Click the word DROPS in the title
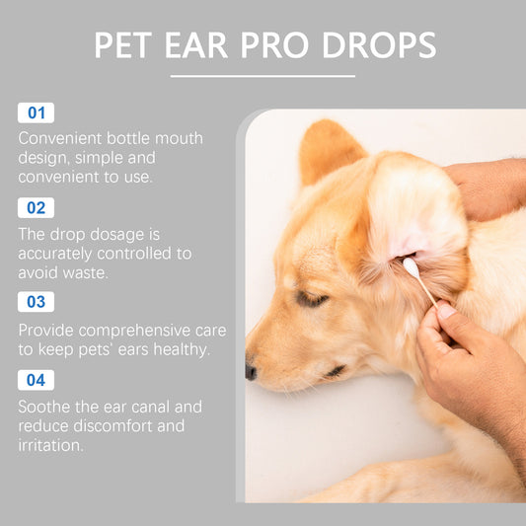379,45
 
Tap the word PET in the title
123,45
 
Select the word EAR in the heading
196,45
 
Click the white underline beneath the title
263,76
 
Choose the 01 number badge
36,113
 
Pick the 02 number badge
36,207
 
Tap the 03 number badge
36,302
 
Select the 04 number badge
36,380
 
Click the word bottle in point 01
128,138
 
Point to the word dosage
117,235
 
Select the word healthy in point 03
182,349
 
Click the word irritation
50,445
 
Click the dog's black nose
251,372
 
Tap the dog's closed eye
312,299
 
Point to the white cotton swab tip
411,266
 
